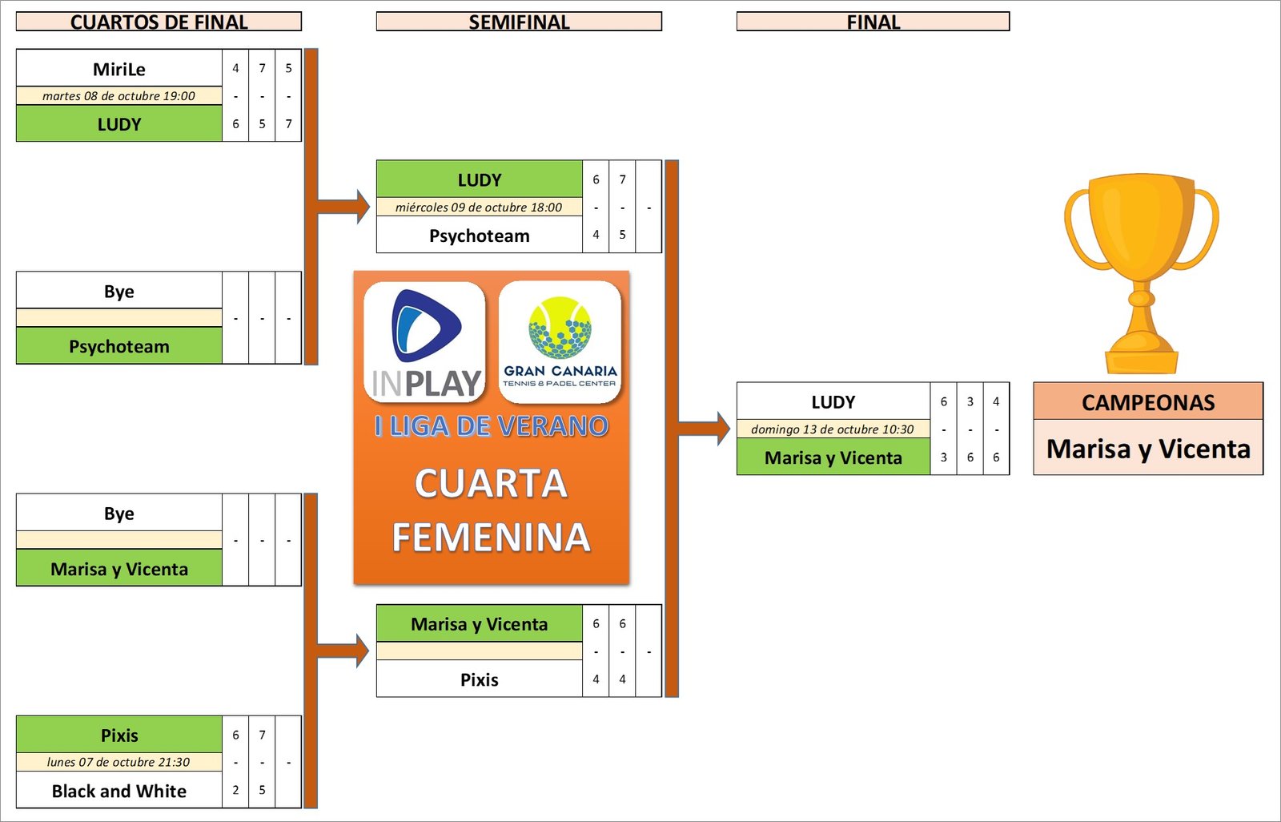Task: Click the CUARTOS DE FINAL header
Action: (x=159, y=22)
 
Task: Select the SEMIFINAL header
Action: (x=519, y=22)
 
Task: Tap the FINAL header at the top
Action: (x=873, y=22)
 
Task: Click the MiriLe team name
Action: (x=119, y=69)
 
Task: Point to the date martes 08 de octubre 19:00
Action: (x=118, y=96)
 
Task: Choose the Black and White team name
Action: (x=119, y=791)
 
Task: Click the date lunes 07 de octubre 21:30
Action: (x=118, y=762)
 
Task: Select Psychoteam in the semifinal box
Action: (x=479, y=236)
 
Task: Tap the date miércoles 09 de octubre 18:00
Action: (x=479, y=208)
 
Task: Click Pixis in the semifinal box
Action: (x=479, y=679)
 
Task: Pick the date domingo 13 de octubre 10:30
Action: (x=832, y=429)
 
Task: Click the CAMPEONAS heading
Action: (x=1148, y=402)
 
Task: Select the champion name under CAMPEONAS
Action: (x=1148, y=449)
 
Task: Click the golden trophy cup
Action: (x=1141, y=272)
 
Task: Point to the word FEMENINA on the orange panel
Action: (x=491, y=537)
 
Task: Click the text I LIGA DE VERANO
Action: (x=491, y=425)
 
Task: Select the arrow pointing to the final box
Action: (x=705, y=429)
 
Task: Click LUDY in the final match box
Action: (x=833, y=402)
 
